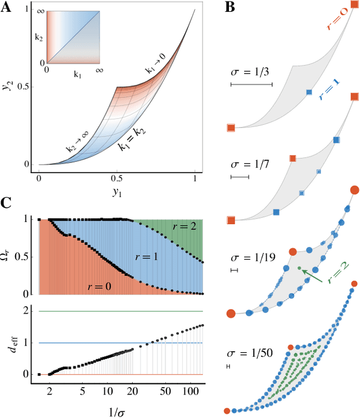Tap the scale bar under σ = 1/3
coord(251,85)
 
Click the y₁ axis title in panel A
coord(116,191)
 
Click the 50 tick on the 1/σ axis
coord(165,389)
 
